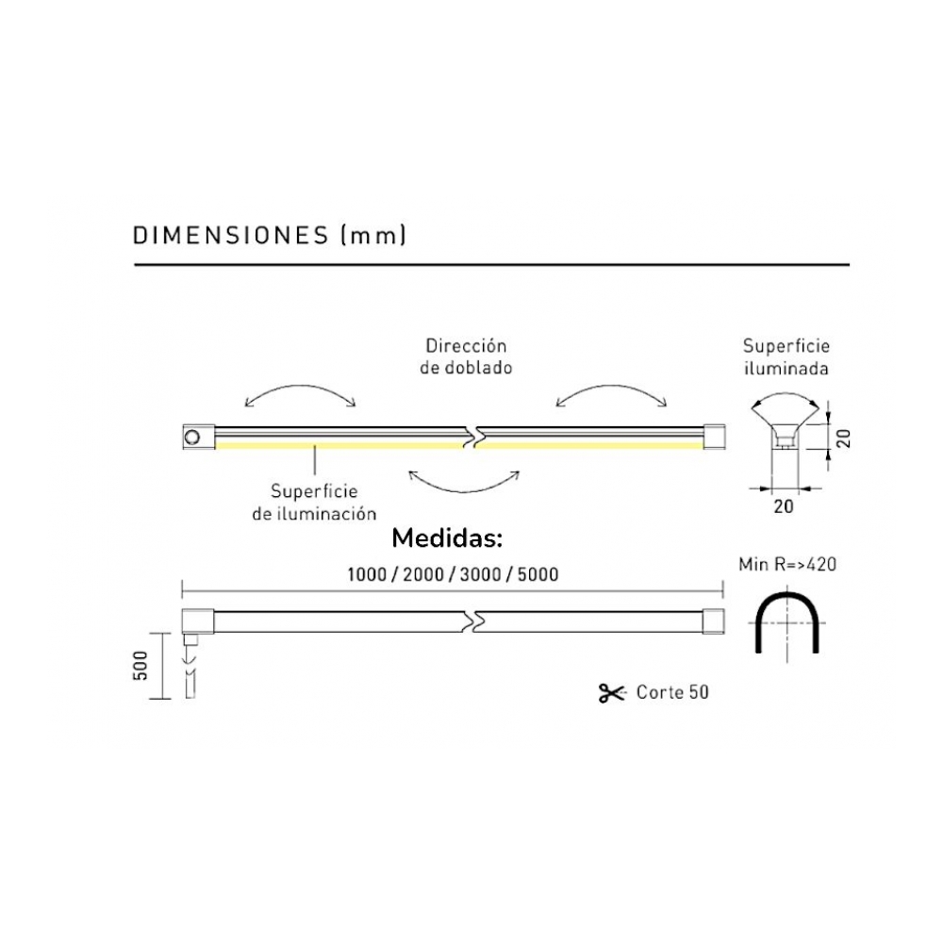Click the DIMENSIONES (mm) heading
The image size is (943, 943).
pos(270,235)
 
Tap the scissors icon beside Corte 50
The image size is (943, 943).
pos(611,693)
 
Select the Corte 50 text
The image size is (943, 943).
pos(672,692)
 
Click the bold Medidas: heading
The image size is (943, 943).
pos(447,538)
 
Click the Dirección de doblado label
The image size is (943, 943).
pos(466,356)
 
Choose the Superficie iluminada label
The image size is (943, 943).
pos(786,356)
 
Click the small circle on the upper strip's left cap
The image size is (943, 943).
pos(193,437)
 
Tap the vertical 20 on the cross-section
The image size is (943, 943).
pos(844,438)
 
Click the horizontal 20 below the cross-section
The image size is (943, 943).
pos(784,506)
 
